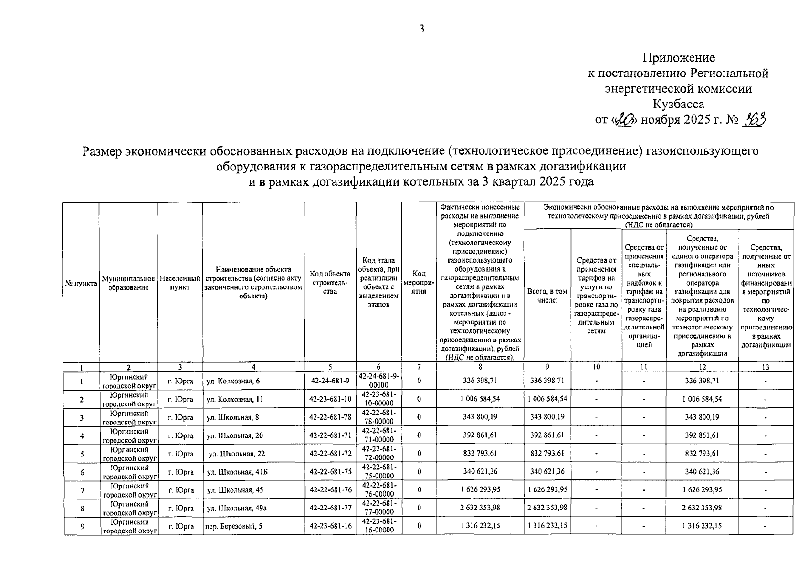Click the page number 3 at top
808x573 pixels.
(421, 29)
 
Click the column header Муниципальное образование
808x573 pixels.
(128, 283)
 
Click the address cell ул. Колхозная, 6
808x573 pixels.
(233, 381)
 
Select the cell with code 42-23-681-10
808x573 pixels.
(330, 399)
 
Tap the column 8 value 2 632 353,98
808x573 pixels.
(480, 508)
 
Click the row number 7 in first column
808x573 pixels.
(82, 490)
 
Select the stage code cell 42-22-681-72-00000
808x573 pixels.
(378, 453)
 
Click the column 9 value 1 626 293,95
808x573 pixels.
(547, 490)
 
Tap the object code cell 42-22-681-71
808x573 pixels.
(330, 435)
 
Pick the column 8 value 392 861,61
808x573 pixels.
(480, 435)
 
